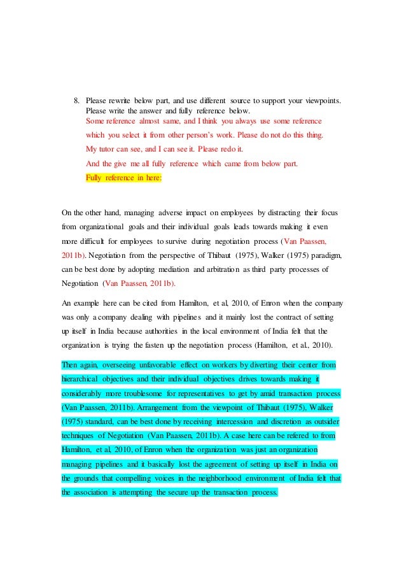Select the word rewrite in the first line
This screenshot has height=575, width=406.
click(x=122, y=100)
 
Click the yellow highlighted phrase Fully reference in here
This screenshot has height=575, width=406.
click(x=123, y=178)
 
